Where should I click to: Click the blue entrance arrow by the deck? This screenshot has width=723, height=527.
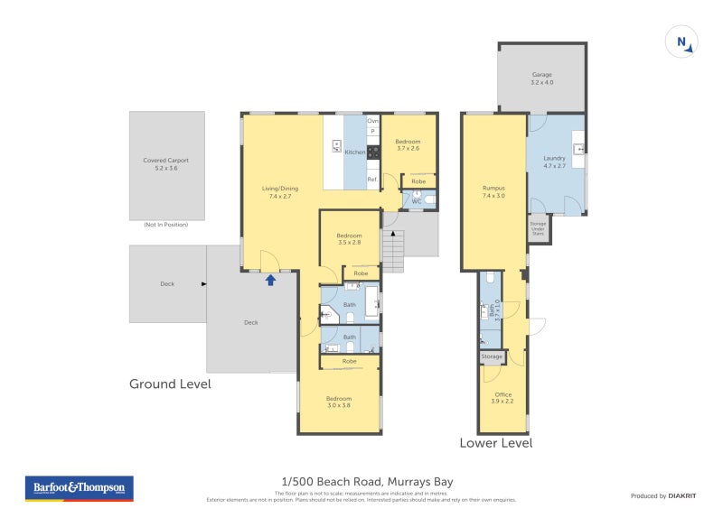coord(269,280)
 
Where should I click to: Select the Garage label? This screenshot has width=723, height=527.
coord(541,79)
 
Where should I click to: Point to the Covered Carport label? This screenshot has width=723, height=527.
coord(166,164)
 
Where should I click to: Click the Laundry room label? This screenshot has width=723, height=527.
coord(555,162)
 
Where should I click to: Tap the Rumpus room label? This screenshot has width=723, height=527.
coord(493,191)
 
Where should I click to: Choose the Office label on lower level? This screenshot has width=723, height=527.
coord(502,398)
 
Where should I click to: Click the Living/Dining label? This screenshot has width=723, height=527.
coord(280,191)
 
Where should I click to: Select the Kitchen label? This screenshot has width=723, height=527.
coord(355,152)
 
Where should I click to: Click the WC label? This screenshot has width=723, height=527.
coord(417,200)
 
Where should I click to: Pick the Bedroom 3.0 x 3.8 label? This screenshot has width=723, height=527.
coord(339,402)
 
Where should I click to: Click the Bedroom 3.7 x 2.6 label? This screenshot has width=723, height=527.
coord(408,144)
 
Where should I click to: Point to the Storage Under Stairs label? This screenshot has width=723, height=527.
coord(539,229)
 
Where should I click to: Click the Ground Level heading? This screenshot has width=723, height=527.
coord(170,384)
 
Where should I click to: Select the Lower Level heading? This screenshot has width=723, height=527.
coord(495,443)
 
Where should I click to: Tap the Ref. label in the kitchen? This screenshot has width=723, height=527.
coord(371,180)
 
